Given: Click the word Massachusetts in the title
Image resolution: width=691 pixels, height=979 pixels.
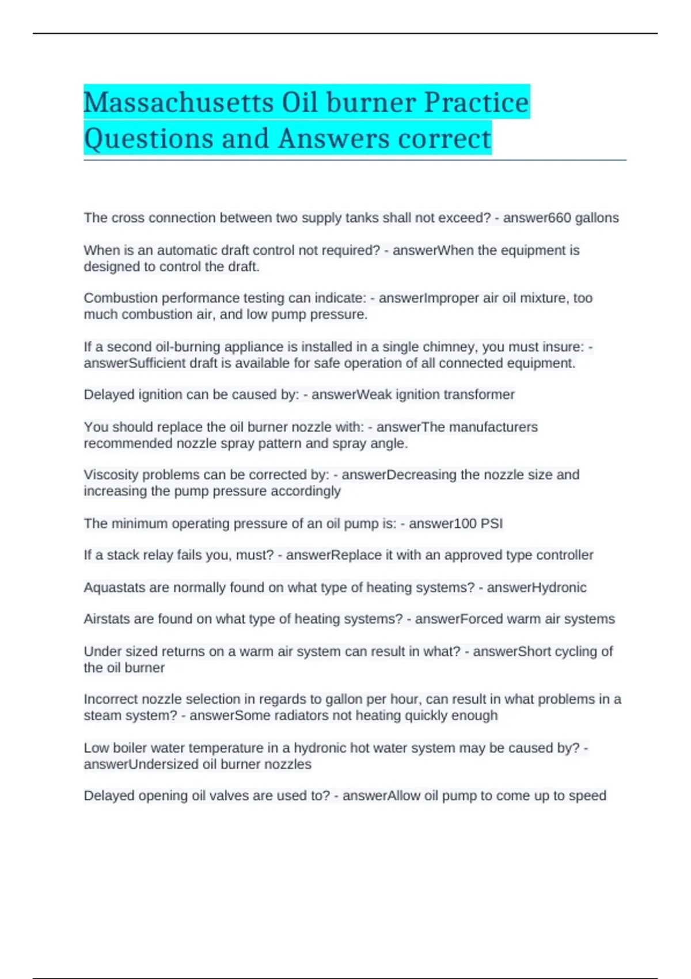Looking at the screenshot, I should point(179,103).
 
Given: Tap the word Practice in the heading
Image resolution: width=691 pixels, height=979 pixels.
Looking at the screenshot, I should point(476,103).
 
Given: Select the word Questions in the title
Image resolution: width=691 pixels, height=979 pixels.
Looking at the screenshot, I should point(148,139).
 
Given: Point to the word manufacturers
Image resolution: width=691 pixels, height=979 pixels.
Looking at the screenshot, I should point(493,427).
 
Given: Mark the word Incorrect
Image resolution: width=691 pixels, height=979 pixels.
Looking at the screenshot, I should point(111,699).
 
